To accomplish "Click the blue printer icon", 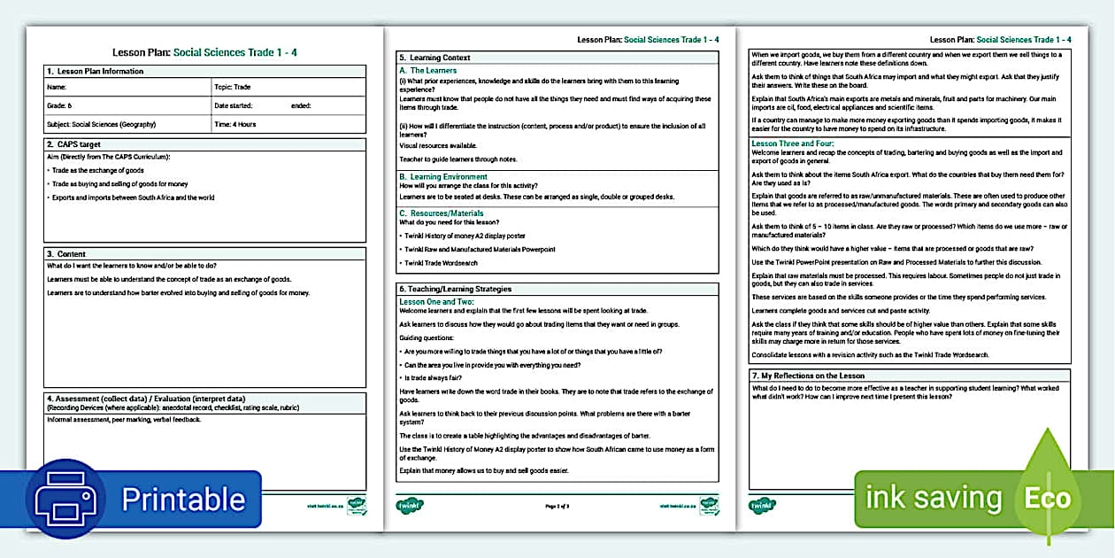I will tap(65, 499).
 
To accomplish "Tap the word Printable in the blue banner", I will tap(183, 499).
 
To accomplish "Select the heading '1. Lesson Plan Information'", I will tap(95, 71).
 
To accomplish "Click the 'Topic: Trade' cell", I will tap(232, 88).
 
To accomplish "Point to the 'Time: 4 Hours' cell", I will tap(235, 124).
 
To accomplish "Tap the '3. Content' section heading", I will tap(66, 254).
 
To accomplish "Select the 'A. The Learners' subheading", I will tap(428, 70).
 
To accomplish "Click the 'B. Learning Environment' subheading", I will tap(443, 177).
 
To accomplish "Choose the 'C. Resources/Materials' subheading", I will tap(442, 213).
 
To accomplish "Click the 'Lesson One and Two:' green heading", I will tap(437, 302).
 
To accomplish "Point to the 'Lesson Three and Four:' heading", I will tap(793, 143).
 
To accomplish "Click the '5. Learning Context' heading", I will tap(434, 58).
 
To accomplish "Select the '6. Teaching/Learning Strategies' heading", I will tap(455, 289).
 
